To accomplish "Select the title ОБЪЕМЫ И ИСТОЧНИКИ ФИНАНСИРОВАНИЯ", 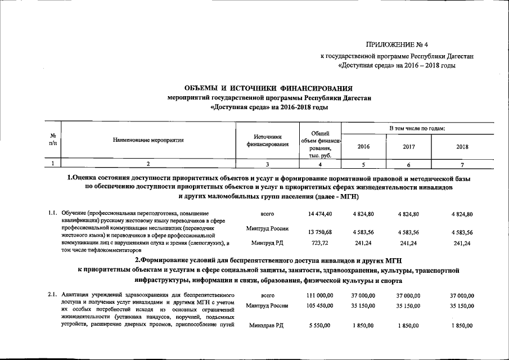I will (269, 88).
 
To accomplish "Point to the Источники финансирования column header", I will (267, 140).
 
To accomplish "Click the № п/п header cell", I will (52, 140).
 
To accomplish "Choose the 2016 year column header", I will (363, 146).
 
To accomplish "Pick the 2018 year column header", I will (462, 146).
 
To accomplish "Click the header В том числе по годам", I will (417, 129).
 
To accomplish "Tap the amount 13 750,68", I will (320, 232).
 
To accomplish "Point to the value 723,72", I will (320, 243).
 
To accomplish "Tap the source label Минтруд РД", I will (267, 243).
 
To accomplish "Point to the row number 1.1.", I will (52, 214).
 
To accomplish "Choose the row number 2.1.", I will (52, 295).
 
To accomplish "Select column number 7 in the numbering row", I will (462, 164).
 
